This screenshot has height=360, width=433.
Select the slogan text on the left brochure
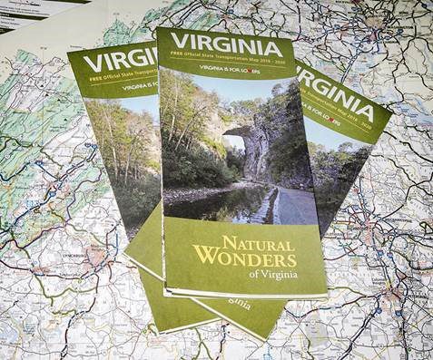click(x=137, y=88)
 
